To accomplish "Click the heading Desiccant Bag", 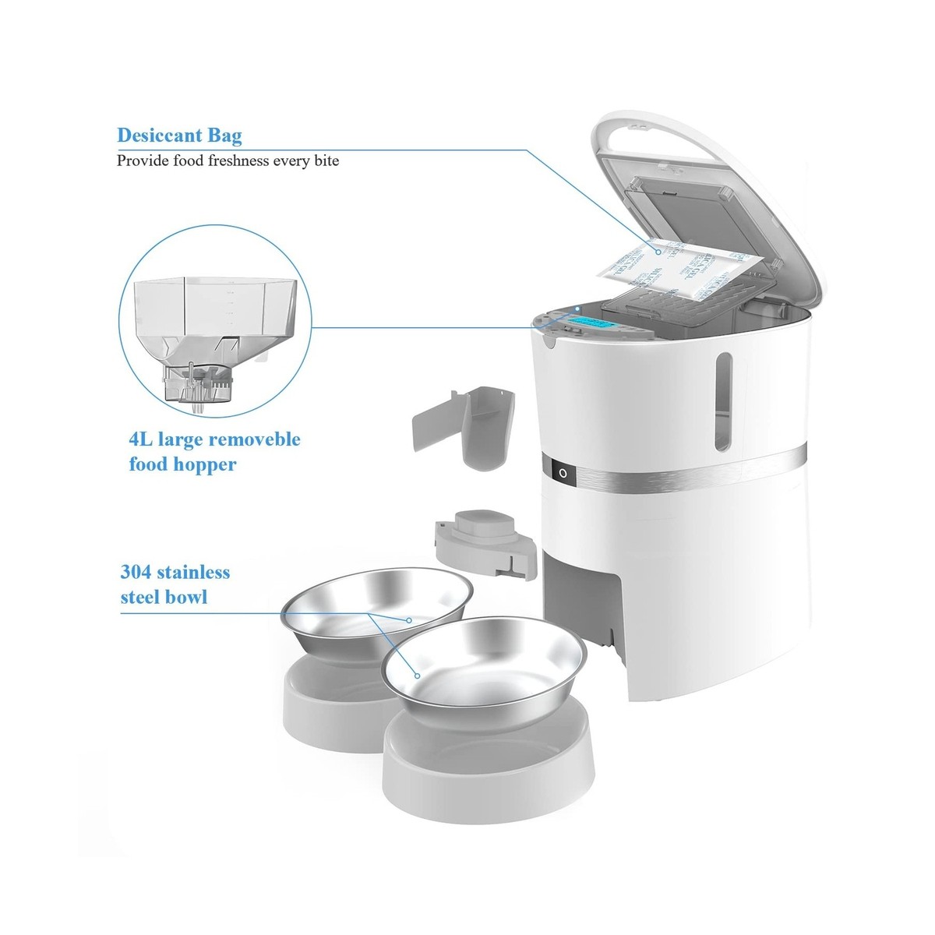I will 179,136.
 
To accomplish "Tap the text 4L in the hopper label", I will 140,439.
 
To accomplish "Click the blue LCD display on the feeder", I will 591,326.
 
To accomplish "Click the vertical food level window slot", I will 724,402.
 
